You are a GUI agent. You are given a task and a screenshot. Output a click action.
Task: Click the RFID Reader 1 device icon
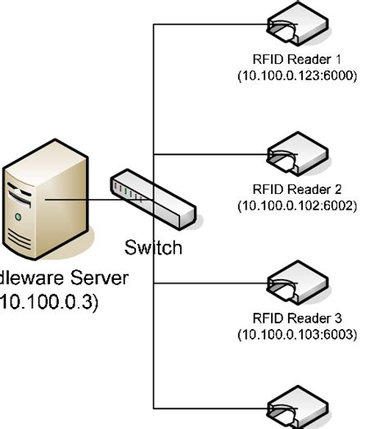[x=298, y=27]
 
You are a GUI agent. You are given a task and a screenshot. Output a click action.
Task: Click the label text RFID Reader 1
[x=297, y=59]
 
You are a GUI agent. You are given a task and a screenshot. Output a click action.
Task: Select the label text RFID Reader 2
[x=297, y=189]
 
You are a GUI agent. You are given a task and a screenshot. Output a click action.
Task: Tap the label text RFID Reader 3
[x=297, y=318]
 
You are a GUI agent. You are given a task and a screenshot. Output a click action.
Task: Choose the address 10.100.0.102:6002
[x=297, y=205]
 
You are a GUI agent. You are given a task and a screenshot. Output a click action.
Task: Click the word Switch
[x=153, y=247]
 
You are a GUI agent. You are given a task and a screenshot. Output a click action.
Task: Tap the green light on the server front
[x=17, y=218]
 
